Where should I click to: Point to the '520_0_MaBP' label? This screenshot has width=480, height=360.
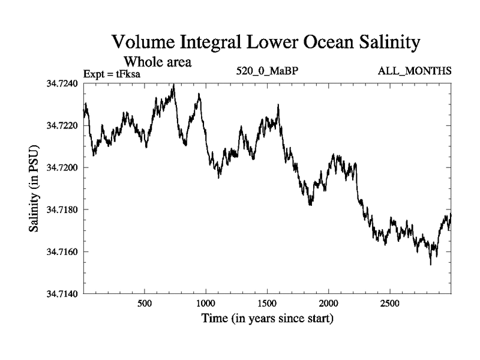coord(268,71)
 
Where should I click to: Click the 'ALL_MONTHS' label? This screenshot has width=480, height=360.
coord(415,71)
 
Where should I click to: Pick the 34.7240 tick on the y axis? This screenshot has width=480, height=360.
coord(61,83)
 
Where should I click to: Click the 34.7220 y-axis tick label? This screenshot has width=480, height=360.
coord(61,125)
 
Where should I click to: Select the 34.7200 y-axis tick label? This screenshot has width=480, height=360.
coord(61,167)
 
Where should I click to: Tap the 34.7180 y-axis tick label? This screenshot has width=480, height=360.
coord(61,209)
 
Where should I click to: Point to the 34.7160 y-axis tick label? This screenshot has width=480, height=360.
coord(61,251)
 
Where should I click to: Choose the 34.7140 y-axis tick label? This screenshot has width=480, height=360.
coord(61,293)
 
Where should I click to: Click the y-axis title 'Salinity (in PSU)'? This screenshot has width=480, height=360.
coord(35,188)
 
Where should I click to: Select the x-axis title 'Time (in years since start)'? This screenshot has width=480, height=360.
coord(267,319)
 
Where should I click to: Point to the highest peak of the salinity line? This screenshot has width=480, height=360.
coord(173,85)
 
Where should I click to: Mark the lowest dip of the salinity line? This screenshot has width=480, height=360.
coord(430,264)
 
